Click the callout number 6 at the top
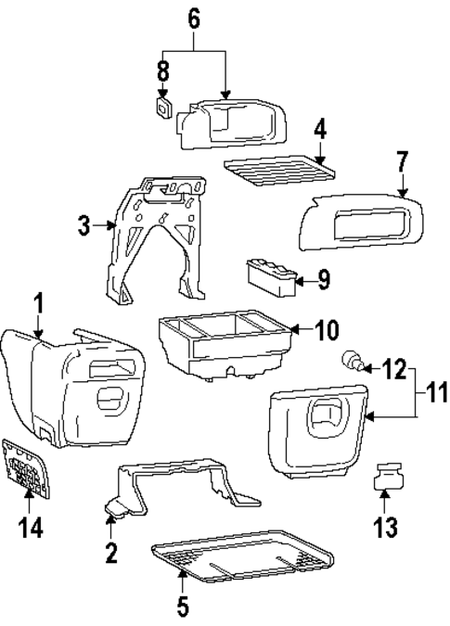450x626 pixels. [195, 18]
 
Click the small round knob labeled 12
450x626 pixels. [353, 361]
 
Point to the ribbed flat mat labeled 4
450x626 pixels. [276, 171]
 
